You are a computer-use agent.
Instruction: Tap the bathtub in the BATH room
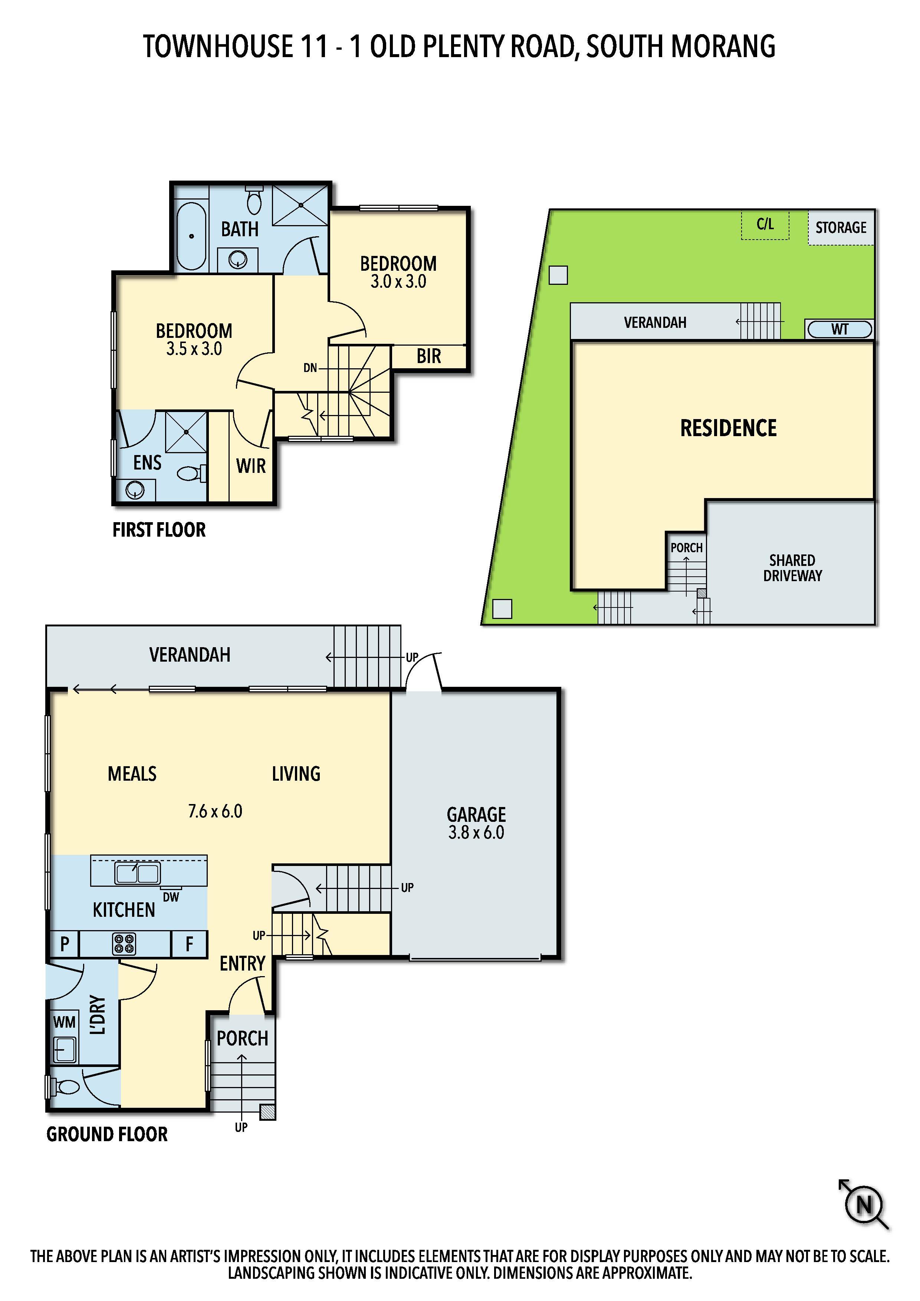191,236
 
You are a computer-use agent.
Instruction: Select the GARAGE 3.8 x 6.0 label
476,823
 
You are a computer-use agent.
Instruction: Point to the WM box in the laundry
64,1022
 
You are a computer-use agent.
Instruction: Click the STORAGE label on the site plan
841,228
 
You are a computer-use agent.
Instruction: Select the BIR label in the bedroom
428,356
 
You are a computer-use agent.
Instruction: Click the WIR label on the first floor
250,466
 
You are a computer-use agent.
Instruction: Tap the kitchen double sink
137,873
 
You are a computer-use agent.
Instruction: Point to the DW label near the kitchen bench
171,897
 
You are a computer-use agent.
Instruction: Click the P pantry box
64,944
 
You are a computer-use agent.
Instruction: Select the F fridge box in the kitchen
189,944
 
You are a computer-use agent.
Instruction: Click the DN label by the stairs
310,368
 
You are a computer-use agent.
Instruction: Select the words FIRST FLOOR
159,530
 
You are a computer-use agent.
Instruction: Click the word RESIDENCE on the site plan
729,428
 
